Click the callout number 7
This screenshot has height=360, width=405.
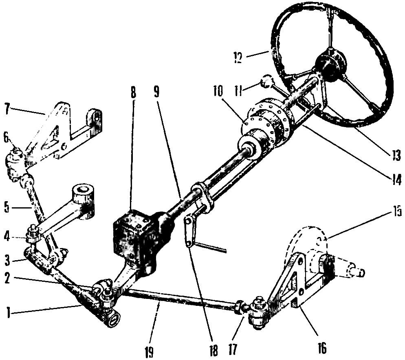coord(7,109)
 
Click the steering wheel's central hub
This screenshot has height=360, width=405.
coord(330,65)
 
